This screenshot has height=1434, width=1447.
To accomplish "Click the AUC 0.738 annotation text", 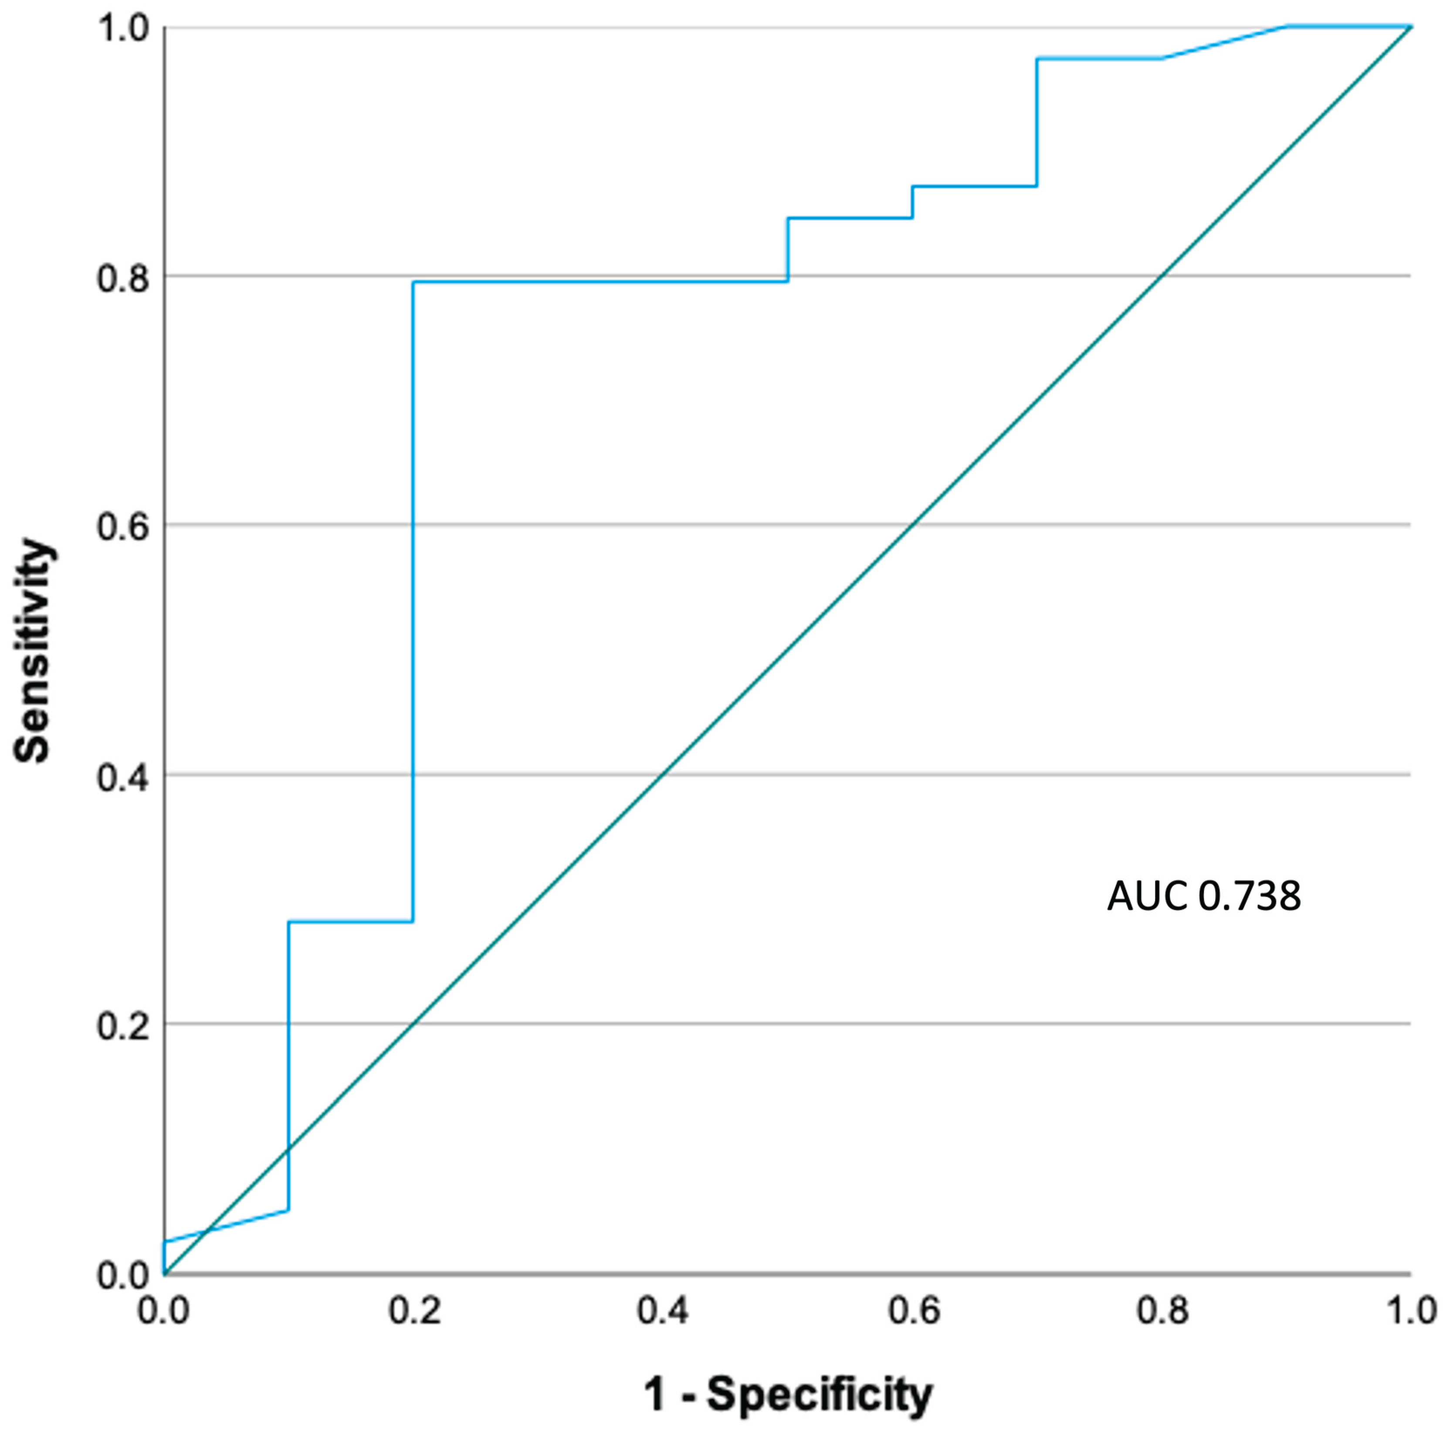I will pyautogui.click(x=1203, y=896).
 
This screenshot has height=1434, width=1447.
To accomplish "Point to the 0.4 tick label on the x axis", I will pyautogui.click(x=663, y=1312).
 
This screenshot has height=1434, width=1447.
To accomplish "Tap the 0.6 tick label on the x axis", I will pyautogui.click(x=913, y=1312).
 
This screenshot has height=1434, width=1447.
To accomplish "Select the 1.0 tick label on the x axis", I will pyautogui.click(x=1411, y=1312).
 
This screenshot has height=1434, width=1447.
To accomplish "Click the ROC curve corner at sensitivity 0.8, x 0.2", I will pyautogui.click(x=413, y=282).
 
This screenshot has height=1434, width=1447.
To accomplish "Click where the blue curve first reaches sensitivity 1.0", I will pyautogui.click(x=1287, y=27).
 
